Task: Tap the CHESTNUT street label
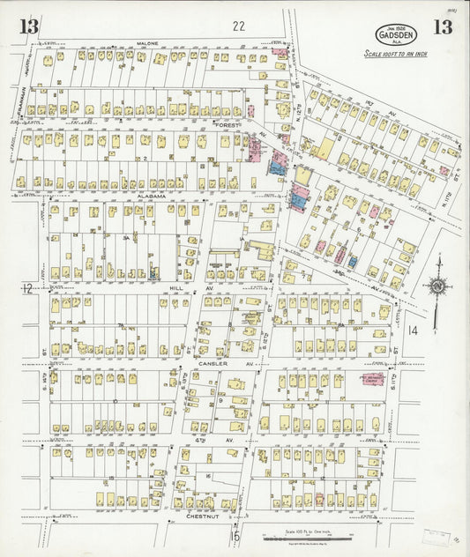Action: click(x=203, y=516)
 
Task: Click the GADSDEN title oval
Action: click(x=396, y=34)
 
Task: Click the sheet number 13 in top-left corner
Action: click(x=29, y=26)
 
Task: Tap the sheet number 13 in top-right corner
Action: click(x=442, y=26)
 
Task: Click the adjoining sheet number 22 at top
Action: click(x=239, y=26)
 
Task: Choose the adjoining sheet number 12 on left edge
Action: click(x=27, y=288)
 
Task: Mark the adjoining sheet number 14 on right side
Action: click(x=414, y=330)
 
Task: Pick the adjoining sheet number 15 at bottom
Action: click(x=235, y=535)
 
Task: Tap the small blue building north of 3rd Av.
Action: click(x=352, y=262)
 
